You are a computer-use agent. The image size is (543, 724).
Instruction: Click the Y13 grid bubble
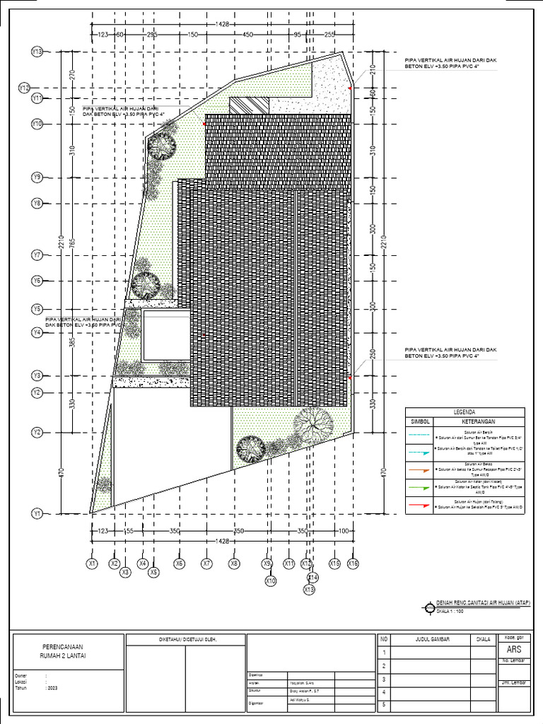tap(37, 52)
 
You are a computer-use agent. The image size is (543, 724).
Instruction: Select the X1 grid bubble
tap(91, 564)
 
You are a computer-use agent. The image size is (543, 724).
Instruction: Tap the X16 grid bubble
tap(353, 564)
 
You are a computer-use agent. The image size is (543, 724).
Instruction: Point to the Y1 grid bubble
tap(37, 513)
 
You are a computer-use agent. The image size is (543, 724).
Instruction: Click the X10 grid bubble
tap(270, 581)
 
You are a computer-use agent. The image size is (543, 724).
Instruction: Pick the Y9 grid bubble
tap(37, 177)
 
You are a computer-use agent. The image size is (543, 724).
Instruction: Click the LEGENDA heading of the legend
tap(465, 412)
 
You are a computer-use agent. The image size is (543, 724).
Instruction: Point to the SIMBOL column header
tap(420, 421)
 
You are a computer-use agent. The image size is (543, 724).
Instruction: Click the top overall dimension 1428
tap(223, 24)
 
